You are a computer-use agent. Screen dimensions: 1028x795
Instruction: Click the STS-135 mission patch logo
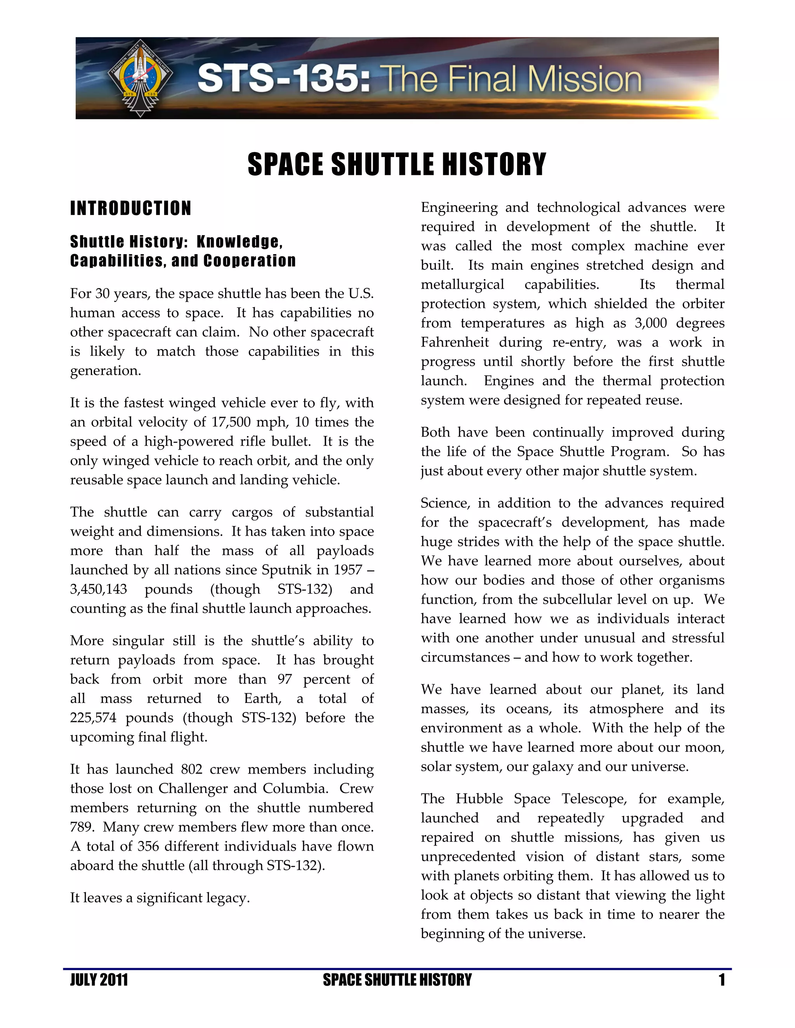[140, 78]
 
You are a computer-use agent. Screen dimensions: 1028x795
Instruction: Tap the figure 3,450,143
[99, 589]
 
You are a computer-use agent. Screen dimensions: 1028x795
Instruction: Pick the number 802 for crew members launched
[191, 769]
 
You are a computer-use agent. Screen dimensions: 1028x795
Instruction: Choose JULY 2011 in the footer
[99, 980]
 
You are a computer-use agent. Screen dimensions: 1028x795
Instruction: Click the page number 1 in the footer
[721, 980]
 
